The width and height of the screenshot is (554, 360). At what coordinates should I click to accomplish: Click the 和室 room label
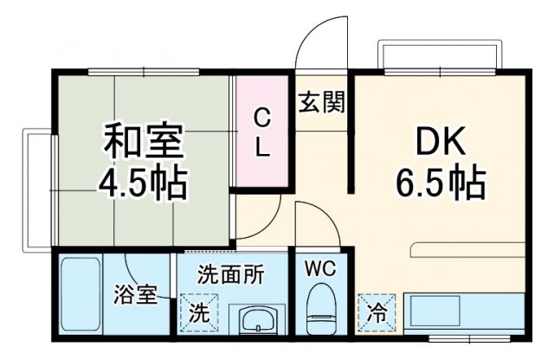pos(143,140)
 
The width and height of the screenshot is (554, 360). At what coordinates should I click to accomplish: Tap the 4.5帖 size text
pos(143,183)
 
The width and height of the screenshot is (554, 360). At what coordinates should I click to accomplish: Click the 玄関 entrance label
pos(322,103)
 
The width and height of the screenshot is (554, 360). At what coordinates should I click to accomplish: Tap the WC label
pos(321,268)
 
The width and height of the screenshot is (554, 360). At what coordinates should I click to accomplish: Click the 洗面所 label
pos(230,275)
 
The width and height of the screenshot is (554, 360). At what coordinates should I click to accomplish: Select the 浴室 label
pos(136,294)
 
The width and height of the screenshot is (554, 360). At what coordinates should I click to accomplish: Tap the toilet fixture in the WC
pos(320,310)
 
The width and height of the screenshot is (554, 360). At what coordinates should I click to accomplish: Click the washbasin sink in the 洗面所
pos(257,320)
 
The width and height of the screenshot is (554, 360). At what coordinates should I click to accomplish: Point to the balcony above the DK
pos(439,57)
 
